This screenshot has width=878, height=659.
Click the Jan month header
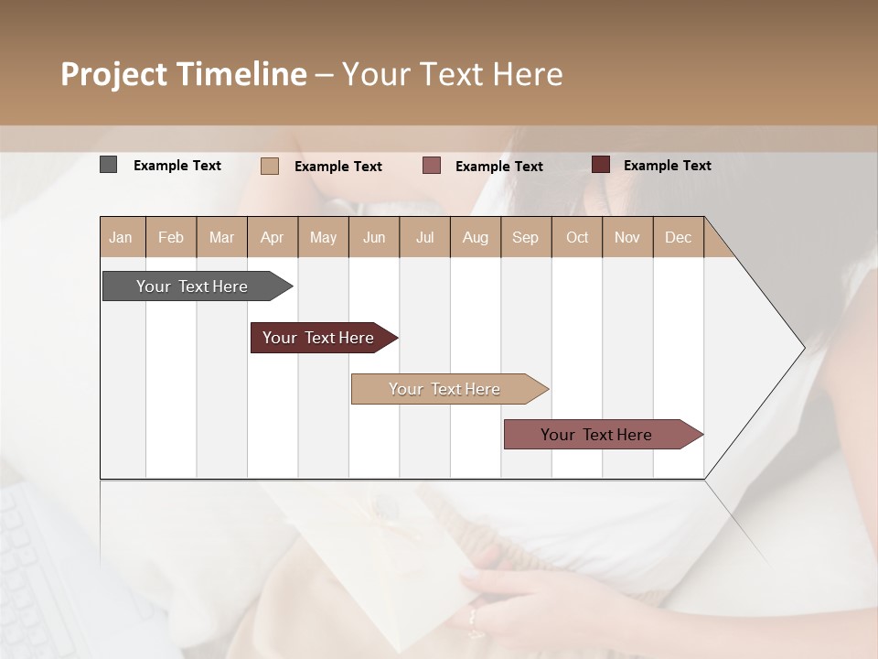[121, 237]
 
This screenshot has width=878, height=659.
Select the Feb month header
[171, 237]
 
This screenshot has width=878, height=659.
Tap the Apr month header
[272, 237]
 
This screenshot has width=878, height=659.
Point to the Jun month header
[374, 237]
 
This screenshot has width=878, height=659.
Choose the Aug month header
[475, 237]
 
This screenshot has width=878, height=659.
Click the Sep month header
[525, 237]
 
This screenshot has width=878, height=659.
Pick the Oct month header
[577, 237]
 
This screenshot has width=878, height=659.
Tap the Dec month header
[678, 237]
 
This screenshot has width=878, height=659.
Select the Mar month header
[221, 237]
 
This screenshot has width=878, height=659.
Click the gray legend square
[109, 165]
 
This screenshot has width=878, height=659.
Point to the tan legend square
[270, 166]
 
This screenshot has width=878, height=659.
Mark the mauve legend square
[432, 166]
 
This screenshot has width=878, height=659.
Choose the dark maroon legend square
[601, 165]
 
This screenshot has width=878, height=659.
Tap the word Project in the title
[112, 74]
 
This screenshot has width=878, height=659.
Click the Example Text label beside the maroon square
[667, 166]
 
